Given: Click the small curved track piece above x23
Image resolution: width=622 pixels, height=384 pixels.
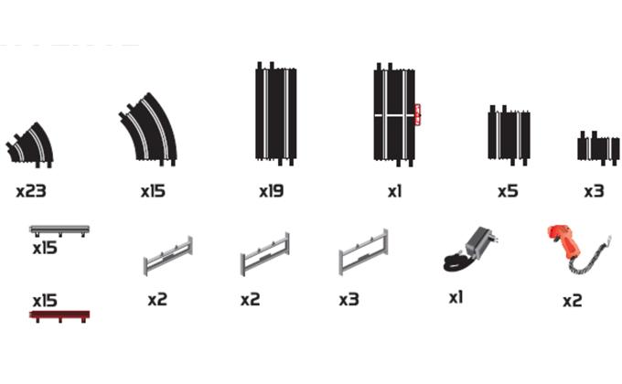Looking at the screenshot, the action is click(x=33, y=146).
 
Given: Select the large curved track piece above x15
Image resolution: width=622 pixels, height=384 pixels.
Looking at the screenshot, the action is click(x=151, y=130).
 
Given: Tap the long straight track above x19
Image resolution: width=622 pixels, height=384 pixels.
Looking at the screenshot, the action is click(x=275, y=114).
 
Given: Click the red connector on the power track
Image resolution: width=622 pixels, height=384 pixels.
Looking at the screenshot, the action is click(x=417, y=114).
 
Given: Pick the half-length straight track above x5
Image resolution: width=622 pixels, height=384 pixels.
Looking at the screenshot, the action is click(x=509, y=135).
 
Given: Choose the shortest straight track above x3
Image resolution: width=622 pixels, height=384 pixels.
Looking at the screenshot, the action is click(x=598, y=148).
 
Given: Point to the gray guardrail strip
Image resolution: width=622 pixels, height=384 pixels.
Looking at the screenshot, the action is click(x=59, y=230).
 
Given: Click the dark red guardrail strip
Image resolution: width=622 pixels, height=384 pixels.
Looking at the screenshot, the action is click(x=59, y=315).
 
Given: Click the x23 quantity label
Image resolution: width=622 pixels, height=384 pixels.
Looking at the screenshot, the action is click(x=31, y=192).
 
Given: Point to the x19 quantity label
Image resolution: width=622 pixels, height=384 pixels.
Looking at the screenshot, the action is click(x=272, y=192).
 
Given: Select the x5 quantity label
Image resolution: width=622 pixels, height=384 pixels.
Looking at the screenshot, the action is click(x=509, y=191).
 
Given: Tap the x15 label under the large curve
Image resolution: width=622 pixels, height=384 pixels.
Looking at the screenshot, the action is click(x=153, y=192).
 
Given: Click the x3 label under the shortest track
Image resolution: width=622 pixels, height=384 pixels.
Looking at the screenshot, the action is click(x=595, y=192).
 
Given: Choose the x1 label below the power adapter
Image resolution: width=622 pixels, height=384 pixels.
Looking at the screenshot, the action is click(x=456, y=297).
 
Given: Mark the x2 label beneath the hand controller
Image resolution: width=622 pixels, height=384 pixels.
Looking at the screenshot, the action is click(x=573, y=301).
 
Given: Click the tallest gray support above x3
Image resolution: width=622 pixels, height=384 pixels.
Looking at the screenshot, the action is click(x=363, y=252).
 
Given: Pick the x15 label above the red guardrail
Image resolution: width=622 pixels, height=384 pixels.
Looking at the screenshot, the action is click(x=45, y=301).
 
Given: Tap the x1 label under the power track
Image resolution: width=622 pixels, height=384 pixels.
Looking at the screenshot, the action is click(x=395, y=192).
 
